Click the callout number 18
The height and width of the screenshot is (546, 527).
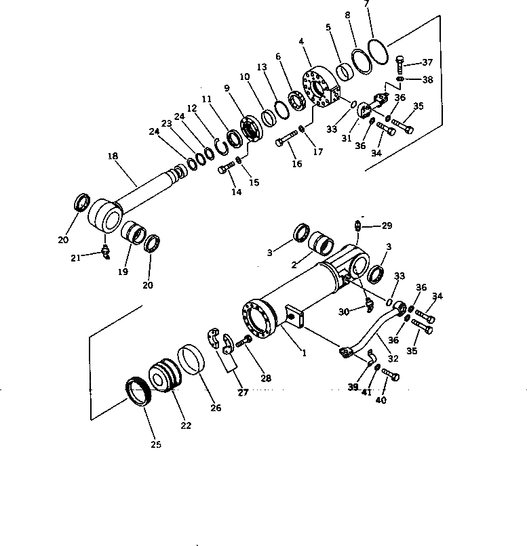[x=113, y=156]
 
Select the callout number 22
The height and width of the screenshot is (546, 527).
[x=186, y=425]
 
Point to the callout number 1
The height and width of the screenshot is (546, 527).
[x=304, y=353]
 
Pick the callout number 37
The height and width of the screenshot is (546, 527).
[x=427, y=62]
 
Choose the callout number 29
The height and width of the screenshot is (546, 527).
[x=387, y=225]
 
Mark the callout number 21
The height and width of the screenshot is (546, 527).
[x=77, y=257]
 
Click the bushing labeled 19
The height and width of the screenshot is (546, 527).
[x=134, y=236]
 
